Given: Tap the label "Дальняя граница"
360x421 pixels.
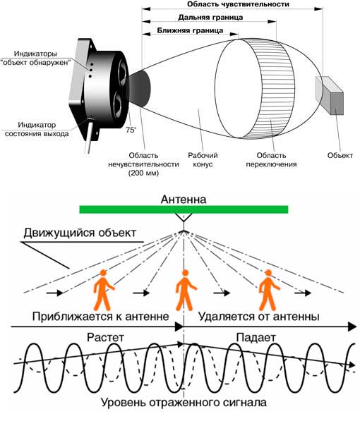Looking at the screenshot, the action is click(210, 18).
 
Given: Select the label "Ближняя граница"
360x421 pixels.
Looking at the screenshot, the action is click(190, 30).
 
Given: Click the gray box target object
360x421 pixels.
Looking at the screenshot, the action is click(330, 96).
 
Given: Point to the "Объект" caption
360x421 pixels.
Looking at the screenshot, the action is click(340, 155).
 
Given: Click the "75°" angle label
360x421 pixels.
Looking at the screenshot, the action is click(131, 130).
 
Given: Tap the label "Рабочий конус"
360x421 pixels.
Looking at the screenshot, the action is click(203, 160).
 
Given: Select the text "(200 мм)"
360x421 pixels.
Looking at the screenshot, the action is click(143, 173).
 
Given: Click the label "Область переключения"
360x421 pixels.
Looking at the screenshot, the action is click(271, 160).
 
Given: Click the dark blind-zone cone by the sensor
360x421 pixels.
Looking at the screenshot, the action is click(140, 87).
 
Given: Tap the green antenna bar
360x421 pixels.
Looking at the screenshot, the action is click(184, 209).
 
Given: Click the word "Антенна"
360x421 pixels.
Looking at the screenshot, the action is click(184, 200).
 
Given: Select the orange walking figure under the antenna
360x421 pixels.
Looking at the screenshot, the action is click(186, 290).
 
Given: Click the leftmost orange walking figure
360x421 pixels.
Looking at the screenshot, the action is click(104, 290).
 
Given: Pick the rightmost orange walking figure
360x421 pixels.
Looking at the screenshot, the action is click(269, 290).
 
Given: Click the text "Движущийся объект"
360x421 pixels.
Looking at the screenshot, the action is click(80, 233).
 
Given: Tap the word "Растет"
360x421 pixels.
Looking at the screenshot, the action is click(106, 338).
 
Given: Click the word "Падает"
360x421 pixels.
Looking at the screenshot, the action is click(256, 338).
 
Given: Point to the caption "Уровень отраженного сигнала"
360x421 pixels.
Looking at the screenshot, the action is click(184, 403).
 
